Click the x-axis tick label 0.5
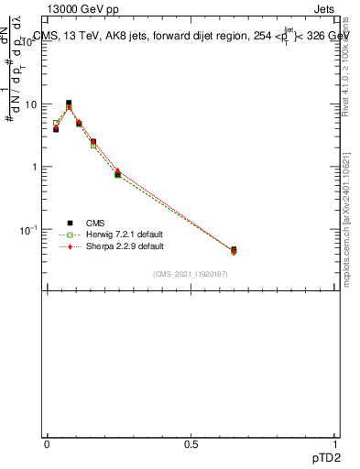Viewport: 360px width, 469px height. tap(191, 443)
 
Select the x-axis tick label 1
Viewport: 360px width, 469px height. tap(335, 443)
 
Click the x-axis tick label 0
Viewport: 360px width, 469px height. tap(47, 443)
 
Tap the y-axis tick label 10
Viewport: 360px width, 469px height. tap(29, 104)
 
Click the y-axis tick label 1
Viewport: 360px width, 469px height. tap(33, 167)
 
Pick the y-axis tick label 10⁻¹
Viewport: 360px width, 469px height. tap(27, 229)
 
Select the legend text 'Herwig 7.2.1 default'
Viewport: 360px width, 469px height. tap(125, 234)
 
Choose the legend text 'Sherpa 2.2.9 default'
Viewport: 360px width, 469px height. tap(125, 246)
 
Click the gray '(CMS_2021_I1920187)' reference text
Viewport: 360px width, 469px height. tap(191, 275)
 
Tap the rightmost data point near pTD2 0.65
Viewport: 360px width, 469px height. tap(234, 250)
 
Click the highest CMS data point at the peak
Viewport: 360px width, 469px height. tap(69, 104)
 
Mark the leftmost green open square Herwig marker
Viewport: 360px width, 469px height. tap(56, 123)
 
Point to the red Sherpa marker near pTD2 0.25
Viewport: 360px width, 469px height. tap(118, 171)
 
